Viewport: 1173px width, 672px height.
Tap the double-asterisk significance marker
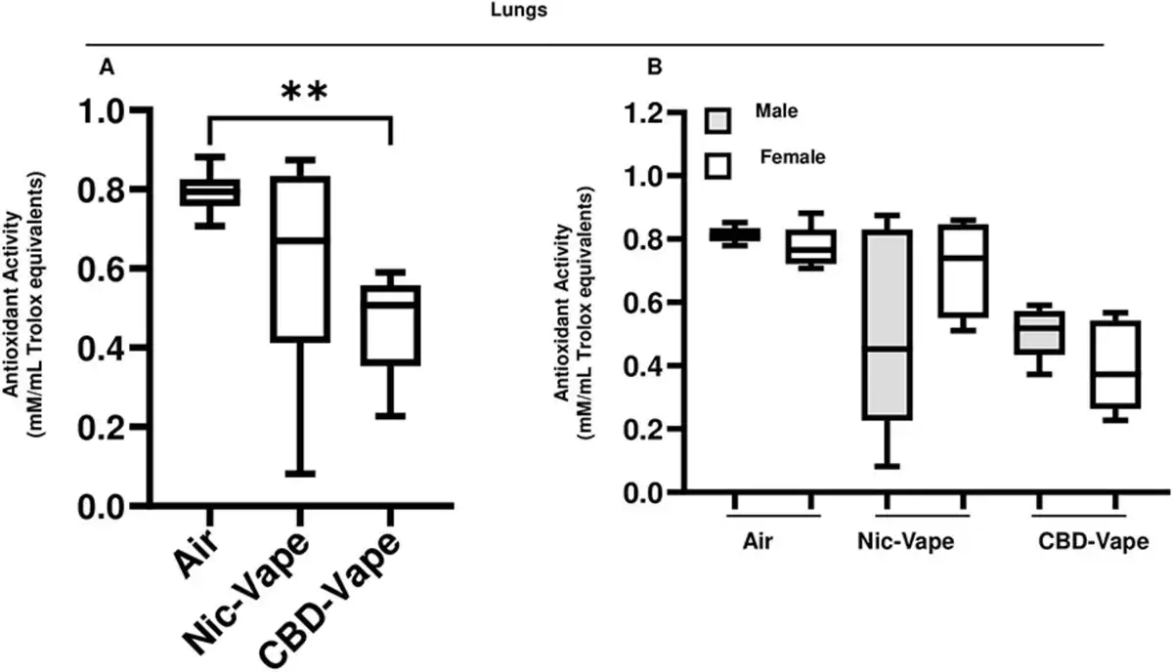pos(304,93)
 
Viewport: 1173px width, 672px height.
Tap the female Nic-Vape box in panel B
pos(963,271)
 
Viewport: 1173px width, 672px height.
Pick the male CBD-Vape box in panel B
pos(1039,333)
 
